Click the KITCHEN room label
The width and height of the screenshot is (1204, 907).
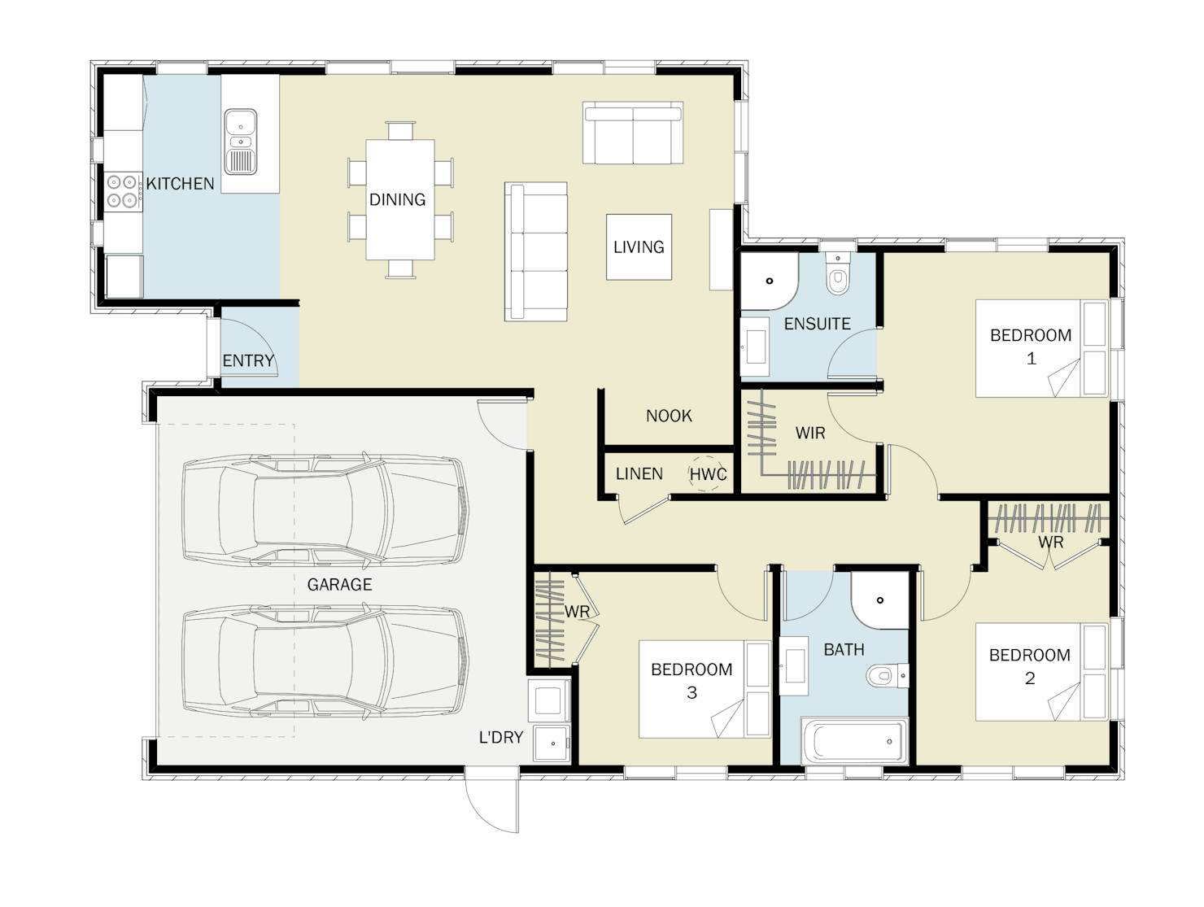click(180, 184)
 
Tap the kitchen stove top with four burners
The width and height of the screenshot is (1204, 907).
click(122, 191)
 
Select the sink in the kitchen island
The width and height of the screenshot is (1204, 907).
click(240, 142)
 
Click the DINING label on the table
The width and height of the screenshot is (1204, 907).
click(397, 199)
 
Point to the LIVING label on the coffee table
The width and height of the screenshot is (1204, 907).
click(639, 247)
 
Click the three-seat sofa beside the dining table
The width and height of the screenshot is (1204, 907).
click(536, 251)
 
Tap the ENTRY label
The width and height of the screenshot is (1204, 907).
click(248, 361)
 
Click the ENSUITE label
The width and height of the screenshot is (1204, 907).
click(817, 324)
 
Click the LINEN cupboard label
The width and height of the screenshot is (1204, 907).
click(639, 473)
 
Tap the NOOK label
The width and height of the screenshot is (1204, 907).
click(669, 416)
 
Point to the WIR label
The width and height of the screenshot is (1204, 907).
click(810, 434)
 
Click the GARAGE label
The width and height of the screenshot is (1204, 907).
click(339, 585)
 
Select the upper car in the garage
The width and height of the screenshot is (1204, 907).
click(326, 510)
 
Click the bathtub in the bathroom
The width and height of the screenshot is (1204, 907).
click(854, 741)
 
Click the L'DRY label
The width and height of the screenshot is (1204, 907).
click(501, 738)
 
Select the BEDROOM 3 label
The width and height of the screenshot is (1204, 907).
click(691, 681)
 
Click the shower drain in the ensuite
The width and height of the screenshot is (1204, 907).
click(770, 281)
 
